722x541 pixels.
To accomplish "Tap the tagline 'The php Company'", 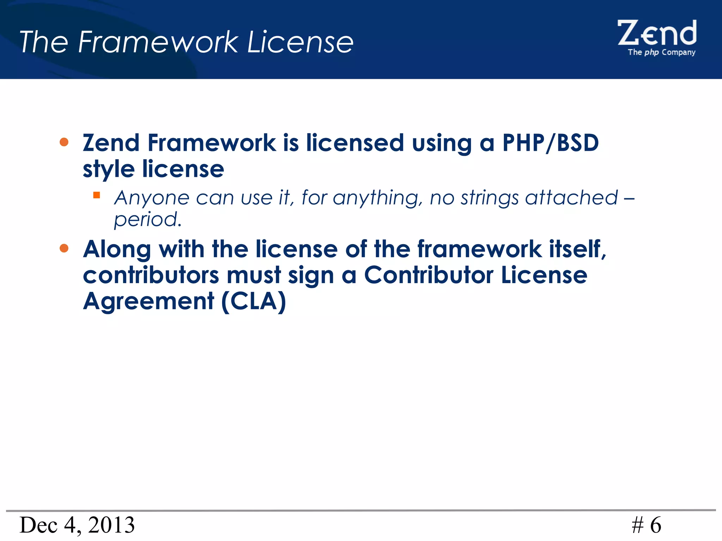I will pyautogui.click(x=661, y=52).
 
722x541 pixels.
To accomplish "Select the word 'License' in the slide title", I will pyautogui.click(x=300, y=42).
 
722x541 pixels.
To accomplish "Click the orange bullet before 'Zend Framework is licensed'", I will pyautogui.click(x=64, y=142).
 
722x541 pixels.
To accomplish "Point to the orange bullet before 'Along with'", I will pyautogui.click(x=64, y=248).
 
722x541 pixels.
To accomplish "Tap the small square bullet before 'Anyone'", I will pyautogui.click(x=97, y=195).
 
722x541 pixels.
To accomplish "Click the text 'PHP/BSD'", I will pyautogui.click(x=550, y=143).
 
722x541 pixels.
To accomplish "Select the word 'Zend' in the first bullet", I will pyautogui.click(x=111, y=143).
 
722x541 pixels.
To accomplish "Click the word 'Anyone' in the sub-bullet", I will pyautogui.click(x=152, y=198).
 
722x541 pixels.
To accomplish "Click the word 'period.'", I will pyautogui.click(x=148, y=220).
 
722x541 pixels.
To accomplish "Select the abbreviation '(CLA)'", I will pyautogui.click(x=253, y=301).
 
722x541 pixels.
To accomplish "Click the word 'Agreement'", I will pyautogui.click(x=148, y=302).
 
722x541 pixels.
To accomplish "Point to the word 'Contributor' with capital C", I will pyautogui.click(x=428, y=275).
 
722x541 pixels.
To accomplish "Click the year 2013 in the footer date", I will pyautogui.click(x=111, y=525).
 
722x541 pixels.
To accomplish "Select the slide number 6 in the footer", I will pyautogui.click(x=656, y=525).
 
